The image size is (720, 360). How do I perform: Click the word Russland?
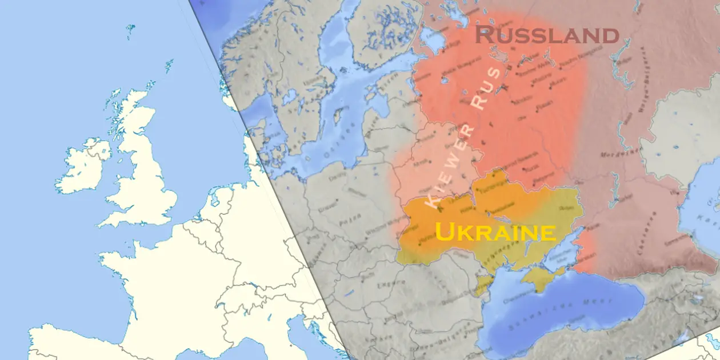click(547, 35)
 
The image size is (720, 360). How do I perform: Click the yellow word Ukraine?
click(495, 233)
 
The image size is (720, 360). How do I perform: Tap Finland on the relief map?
click(377, 34)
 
